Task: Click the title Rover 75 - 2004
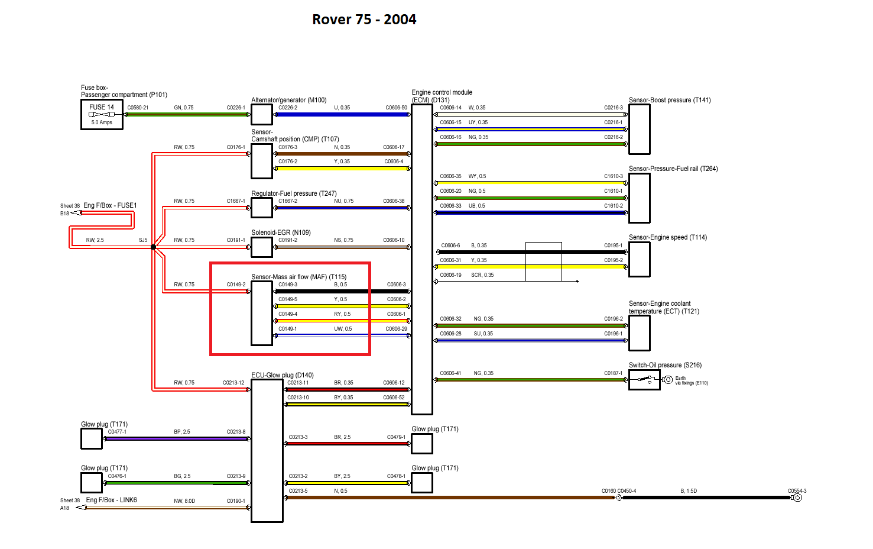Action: pos(364,20)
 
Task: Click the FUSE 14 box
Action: pos(102,114)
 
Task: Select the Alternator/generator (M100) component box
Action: pos(262,114)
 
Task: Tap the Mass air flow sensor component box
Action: pos(262,313)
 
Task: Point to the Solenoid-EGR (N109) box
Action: pos(262,247)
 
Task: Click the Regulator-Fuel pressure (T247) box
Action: pos(262,208)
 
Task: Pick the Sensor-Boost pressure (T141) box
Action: pos(640,129)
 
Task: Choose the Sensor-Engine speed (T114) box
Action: pos(640,259)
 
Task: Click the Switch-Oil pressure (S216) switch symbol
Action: pos(644,380)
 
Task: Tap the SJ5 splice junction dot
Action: pos(153,247)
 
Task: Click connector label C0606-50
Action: pos(396,108)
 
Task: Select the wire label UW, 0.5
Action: pos(343,329)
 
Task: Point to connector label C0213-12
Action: pos(233,383)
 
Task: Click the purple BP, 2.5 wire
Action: pos(177,439)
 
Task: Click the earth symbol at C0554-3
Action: pos(797,498)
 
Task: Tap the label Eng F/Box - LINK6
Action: pos(111,500)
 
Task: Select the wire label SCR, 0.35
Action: pos(482,275)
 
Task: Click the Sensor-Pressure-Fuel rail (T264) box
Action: pos(640,198)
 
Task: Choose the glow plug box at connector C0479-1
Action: pos(422,444)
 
